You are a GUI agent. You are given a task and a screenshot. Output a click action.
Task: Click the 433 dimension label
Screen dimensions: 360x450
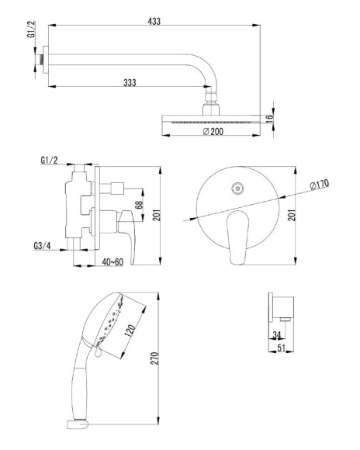(x=154, y=21)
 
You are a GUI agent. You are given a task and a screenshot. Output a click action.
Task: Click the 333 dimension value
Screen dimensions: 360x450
(x=130, y=83)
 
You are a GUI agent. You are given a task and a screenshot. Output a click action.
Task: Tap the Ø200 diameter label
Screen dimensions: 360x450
(x=213, y=132)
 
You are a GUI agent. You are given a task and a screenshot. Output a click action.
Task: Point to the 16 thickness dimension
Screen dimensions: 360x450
(x=269, y=119)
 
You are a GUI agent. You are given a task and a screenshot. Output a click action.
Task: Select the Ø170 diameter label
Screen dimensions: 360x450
(x=320, y=184)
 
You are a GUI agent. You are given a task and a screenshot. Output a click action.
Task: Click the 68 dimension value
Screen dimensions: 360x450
(x=139, y=205)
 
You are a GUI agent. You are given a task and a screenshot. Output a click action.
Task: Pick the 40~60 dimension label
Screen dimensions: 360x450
(x=112, y=261)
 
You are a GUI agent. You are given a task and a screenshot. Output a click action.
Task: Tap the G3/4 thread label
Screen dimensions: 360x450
(x=42, y=246)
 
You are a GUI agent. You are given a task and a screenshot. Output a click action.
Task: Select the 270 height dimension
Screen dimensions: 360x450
(x=154, y=358)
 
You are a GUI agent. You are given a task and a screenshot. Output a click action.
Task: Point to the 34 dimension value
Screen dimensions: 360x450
(x=277, y=334)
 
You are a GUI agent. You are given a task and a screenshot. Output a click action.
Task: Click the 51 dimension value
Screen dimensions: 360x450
(x=282, y=348)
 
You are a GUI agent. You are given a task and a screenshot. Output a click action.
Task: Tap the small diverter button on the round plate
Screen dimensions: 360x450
(x=237, y=189)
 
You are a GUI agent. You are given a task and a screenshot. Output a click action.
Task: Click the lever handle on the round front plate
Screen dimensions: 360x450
(x=237, y=237)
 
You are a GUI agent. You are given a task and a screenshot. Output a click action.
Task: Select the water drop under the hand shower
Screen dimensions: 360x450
(x=98, y=351)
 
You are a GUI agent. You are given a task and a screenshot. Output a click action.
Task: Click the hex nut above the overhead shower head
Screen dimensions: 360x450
(x=211, y=97)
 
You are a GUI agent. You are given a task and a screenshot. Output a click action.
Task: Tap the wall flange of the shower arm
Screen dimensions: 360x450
(x=45, y=60)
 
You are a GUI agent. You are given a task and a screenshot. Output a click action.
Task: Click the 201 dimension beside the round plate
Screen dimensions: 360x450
(x=292, y=215)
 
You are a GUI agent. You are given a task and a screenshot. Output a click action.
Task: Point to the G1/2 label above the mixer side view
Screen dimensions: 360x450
(x=49, y=160)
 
